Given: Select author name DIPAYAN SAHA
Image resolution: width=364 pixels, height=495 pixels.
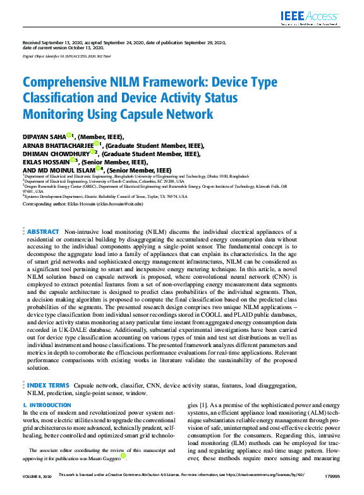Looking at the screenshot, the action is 44,136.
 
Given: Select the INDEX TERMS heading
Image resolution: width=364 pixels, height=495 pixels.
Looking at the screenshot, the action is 48,385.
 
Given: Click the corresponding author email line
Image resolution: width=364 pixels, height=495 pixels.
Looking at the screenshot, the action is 83,204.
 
